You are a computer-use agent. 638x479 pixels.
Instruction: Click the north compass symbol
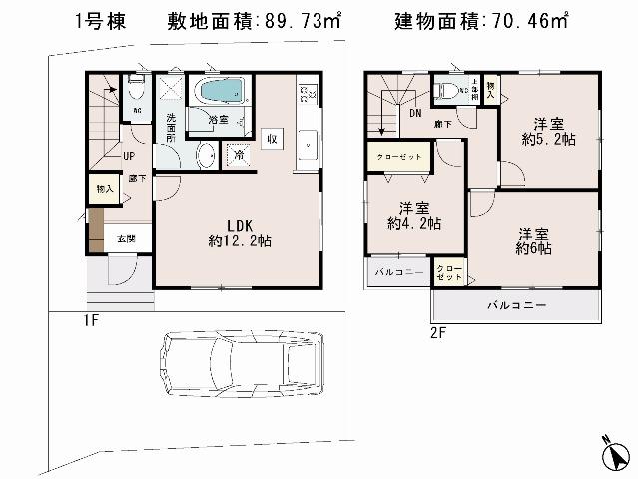(619, 455)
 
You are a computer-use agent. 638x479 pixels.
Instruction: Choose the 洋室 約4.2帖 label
(414, 216)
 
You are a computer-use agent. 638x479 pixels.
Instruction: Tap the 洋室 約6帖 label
(534, 241)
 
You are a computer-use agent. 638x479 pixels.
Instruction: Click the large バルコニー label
(516, 304)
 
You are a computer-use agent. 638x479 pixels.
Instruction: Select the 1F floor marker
(91, 321)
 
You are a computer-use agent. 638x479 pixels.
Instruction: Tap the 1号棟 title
(100, 21)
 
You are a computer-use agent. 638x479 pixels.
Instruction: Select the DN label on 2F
(415, 114)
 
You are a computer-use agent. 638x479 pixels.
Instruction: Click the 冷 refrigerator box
(239, 155)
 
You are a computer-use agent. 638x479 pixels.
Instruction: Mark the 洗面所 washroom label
(171, 129)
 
